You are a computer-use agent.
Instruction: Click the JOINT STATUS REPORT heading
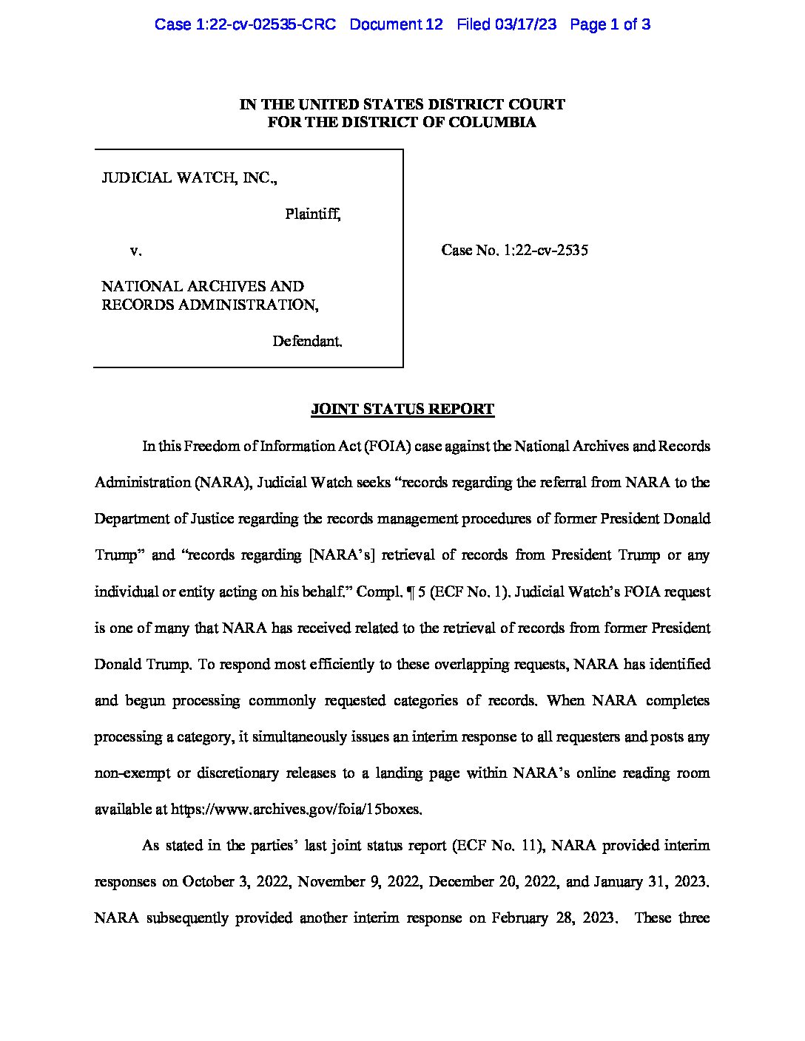click(402, 410)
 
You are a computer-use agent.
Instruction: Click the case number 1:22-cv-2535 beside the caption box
click(545, 251)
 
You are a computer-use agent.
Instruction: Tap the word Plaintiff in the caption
click(312, 214)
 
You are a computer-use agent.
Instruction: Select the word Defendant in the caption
click(307, 342)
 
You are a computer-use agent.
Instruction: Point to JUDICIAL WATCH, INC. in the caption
click(189, 178)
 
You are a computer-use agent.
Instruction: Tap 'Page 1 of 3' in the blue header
click(610, 24)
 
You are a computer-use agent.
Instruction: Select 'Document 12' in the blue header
click(396, 24)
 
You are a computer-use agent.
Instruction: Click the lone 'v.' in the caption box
click(135, 251)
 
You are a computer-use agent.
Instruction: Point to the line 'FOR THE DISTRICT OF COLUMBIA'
click(402, 123)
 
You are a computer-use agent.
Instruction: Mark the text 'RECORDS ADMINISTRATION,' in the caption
click(210, 305)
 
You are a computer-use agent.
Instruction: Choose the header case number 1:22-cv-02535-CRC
click(245, 24)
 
